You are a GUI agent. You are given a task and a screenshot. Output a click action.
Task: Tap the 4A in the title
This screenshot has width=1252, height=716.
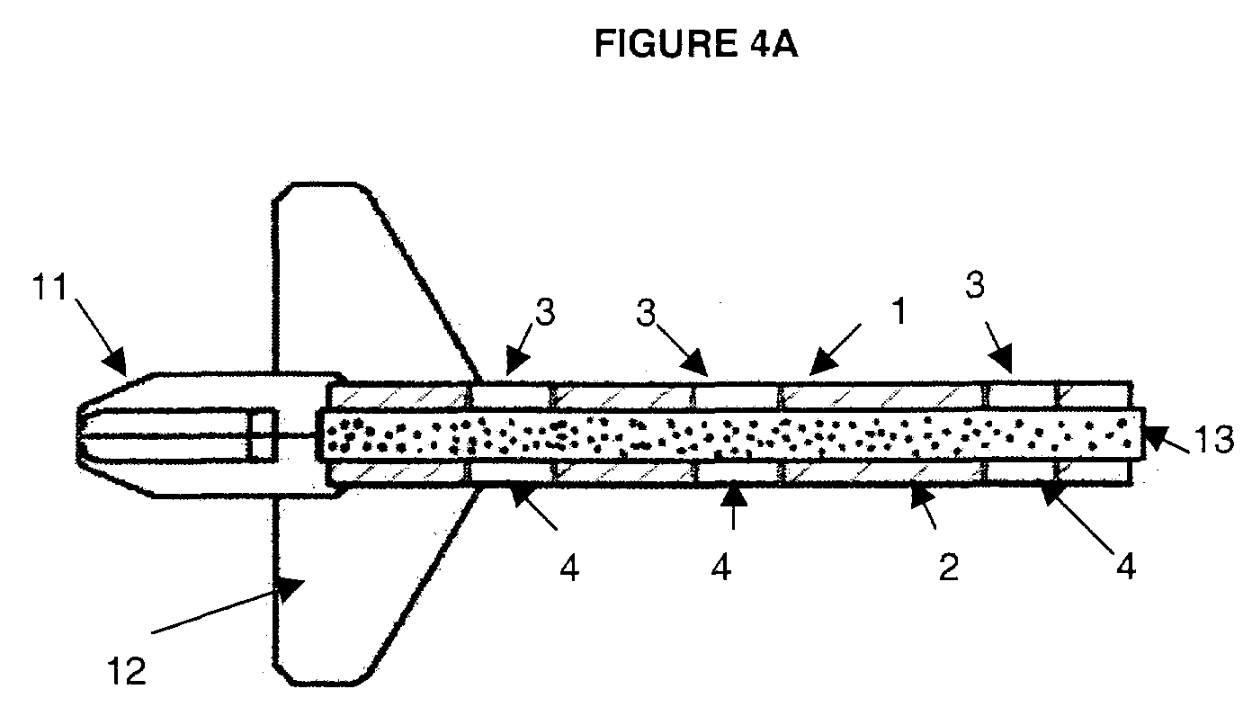[x=771, y=44]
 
